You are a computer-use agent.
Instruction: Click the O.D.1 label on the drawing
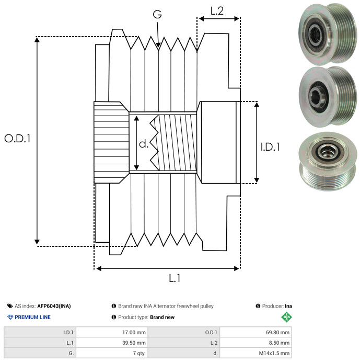pyautogui.click(x=18, y=139)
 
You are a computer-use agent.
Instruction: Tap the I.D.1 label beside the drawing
pyautogui.click(x=270, y=147)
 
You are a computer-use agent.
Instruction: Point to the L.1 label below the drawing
pyautogui.click(x=175, y=278)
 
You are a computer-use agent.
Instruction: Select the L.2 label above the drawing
pyautogui.click(x=217, y=11)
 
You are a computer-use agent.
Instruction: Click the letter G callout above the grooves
pyautogui.click(x=157, y=14)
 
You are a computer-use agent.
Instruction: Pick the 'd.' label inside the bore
pyautogui.click(x=144, y=144)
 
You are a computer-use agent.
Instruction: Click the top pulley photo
pyautogui.click(x=328, y=34)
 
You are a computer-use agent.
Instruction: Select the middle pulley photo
pyautogui.click(x=328, y=97)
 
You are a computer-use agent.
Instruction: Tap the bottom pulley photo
pyautogui.click(x=328, y=161)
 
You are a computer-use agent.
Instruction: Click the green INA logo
pyautogui.click(x=286, y=317)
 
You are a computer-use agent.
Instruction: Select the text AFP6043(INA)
pyautogui.click(x=54, y=306)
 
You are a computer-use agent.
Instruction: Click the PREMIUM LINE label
pyautogui.click(x=32, y=317)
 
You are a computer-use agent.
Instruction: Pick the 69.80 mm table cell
pyautogui.click(x=256, y=333)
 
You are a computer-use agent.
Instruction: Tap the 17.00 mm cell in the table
pyautogui.click(x=112, y=333)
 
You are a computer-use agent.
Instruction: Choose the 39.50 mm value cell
pyautogui.click(x=112, y=343)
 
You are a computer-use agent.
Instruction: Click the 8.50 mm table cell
pyautogui.click(x=256, y=343)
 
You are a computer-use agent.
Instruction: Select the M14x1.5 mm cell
pyautogui.click(x=256, y=353)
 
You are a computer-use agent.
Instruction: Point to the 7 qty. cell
pyautogui.click(x=112, y=353)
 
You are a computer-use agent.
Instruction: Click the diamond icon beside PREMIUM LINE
pyautogui.click(x=10, y=317)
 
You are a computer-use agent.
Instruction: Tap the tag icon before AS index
pyautogui.click(x=10, y=306)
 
